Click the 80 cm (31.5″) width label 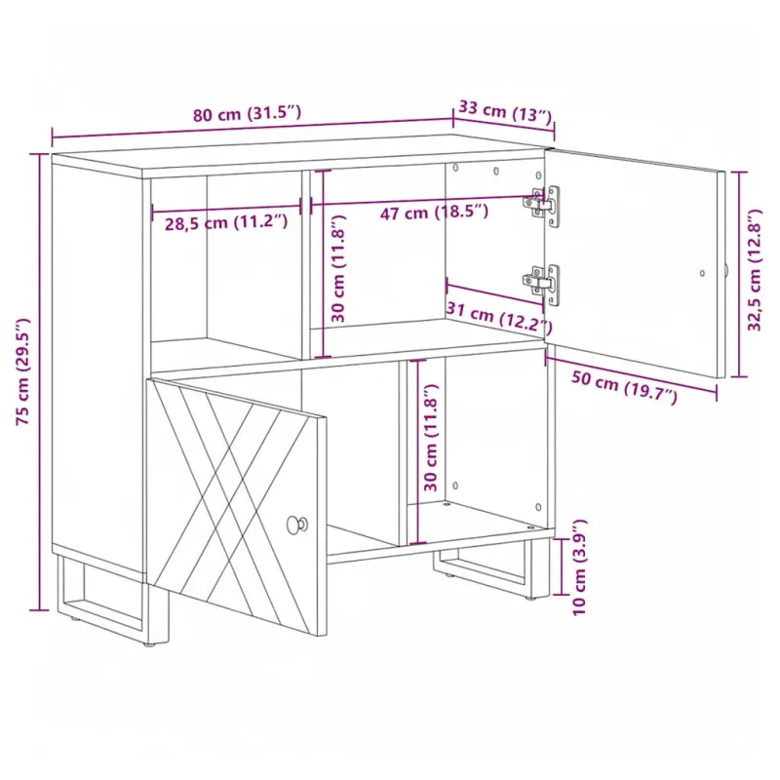coord(247,113)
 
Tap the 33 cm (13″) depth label coord(505,111)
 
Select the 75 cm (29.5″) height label coord(22,371)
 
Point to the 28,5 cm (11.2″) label coord(226,222)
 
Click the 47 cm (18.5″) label coord(434,212)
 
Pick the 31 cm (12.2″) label coord(499,317)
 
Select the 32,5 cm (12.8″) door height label coord(754,270)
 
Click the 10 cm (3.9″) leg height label coord(579,567)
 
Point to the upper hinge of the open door coord(541,205)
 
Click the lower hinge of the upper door coord(541,283)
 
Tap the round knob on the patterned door coord(297,525)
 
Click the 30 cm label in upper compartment coord(338,269)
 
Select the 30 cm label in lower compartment coord(431,437)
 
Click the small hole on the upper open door coord(702,273)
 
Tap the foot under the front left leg coord(148,644)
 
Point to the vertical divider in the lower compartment coord(403,451)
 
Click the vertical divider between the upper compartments coord(306,264)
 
